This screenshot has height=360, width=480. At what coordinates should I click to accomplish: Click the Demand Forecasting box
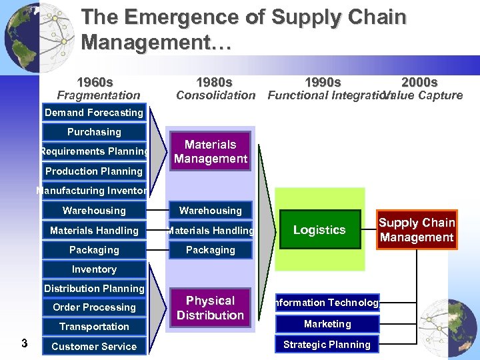coord(94,113)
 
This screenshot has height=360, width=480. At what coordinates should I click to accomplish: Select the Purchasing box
coord(94,132)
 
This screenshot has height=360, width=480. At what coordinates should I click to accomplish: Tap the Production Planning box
coord(94,171)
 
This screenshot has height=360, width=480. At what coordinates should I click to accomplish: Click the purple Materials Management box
coord(211,152)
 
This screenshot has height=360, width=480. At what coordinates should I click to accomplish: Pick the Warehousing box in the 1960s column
coord(94,211)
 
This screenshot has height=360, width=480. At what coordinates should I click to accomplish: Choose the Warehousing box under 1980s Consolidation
coord(211,211)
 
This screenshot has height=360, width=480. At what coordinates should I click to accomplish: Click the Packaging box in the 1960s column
coord(94,250)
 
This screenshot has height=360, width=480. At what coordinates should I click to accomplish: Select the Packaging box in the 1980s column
coord(211,250)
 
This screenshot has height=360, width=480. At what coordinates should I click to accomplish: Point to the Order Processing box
coord(94,307)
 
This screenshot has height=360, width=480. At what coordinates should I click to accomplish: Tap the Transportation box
coord(94,327)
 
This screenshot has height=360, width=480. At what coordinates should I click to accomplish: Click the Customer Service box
coord(94,347)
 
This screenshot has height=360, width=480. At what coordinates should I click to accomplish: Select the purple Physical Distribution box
coord(211,308)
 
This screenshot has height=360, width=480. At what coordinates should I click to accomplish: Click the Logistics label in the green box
coord(319,230)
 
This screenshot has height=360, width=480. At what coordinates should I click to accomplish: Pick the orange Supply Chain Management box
coord(417,230)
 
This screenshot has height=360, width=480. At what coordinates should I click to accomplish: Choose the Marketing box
coord(327,324)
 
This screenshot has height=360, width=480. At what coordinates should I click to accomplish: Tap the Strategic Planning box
coord(327,345)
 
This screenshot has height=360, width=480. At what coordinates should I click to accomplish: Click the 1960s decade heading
coord(95,83)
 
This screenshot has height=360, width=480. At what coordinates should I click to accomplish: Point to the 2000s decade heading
coord(419,83)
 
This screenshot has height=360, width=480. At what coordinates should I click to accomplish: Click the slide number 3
coord(24,344)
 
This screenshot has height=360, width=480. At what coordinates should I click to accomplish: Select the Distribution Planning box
coord(94,289)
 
